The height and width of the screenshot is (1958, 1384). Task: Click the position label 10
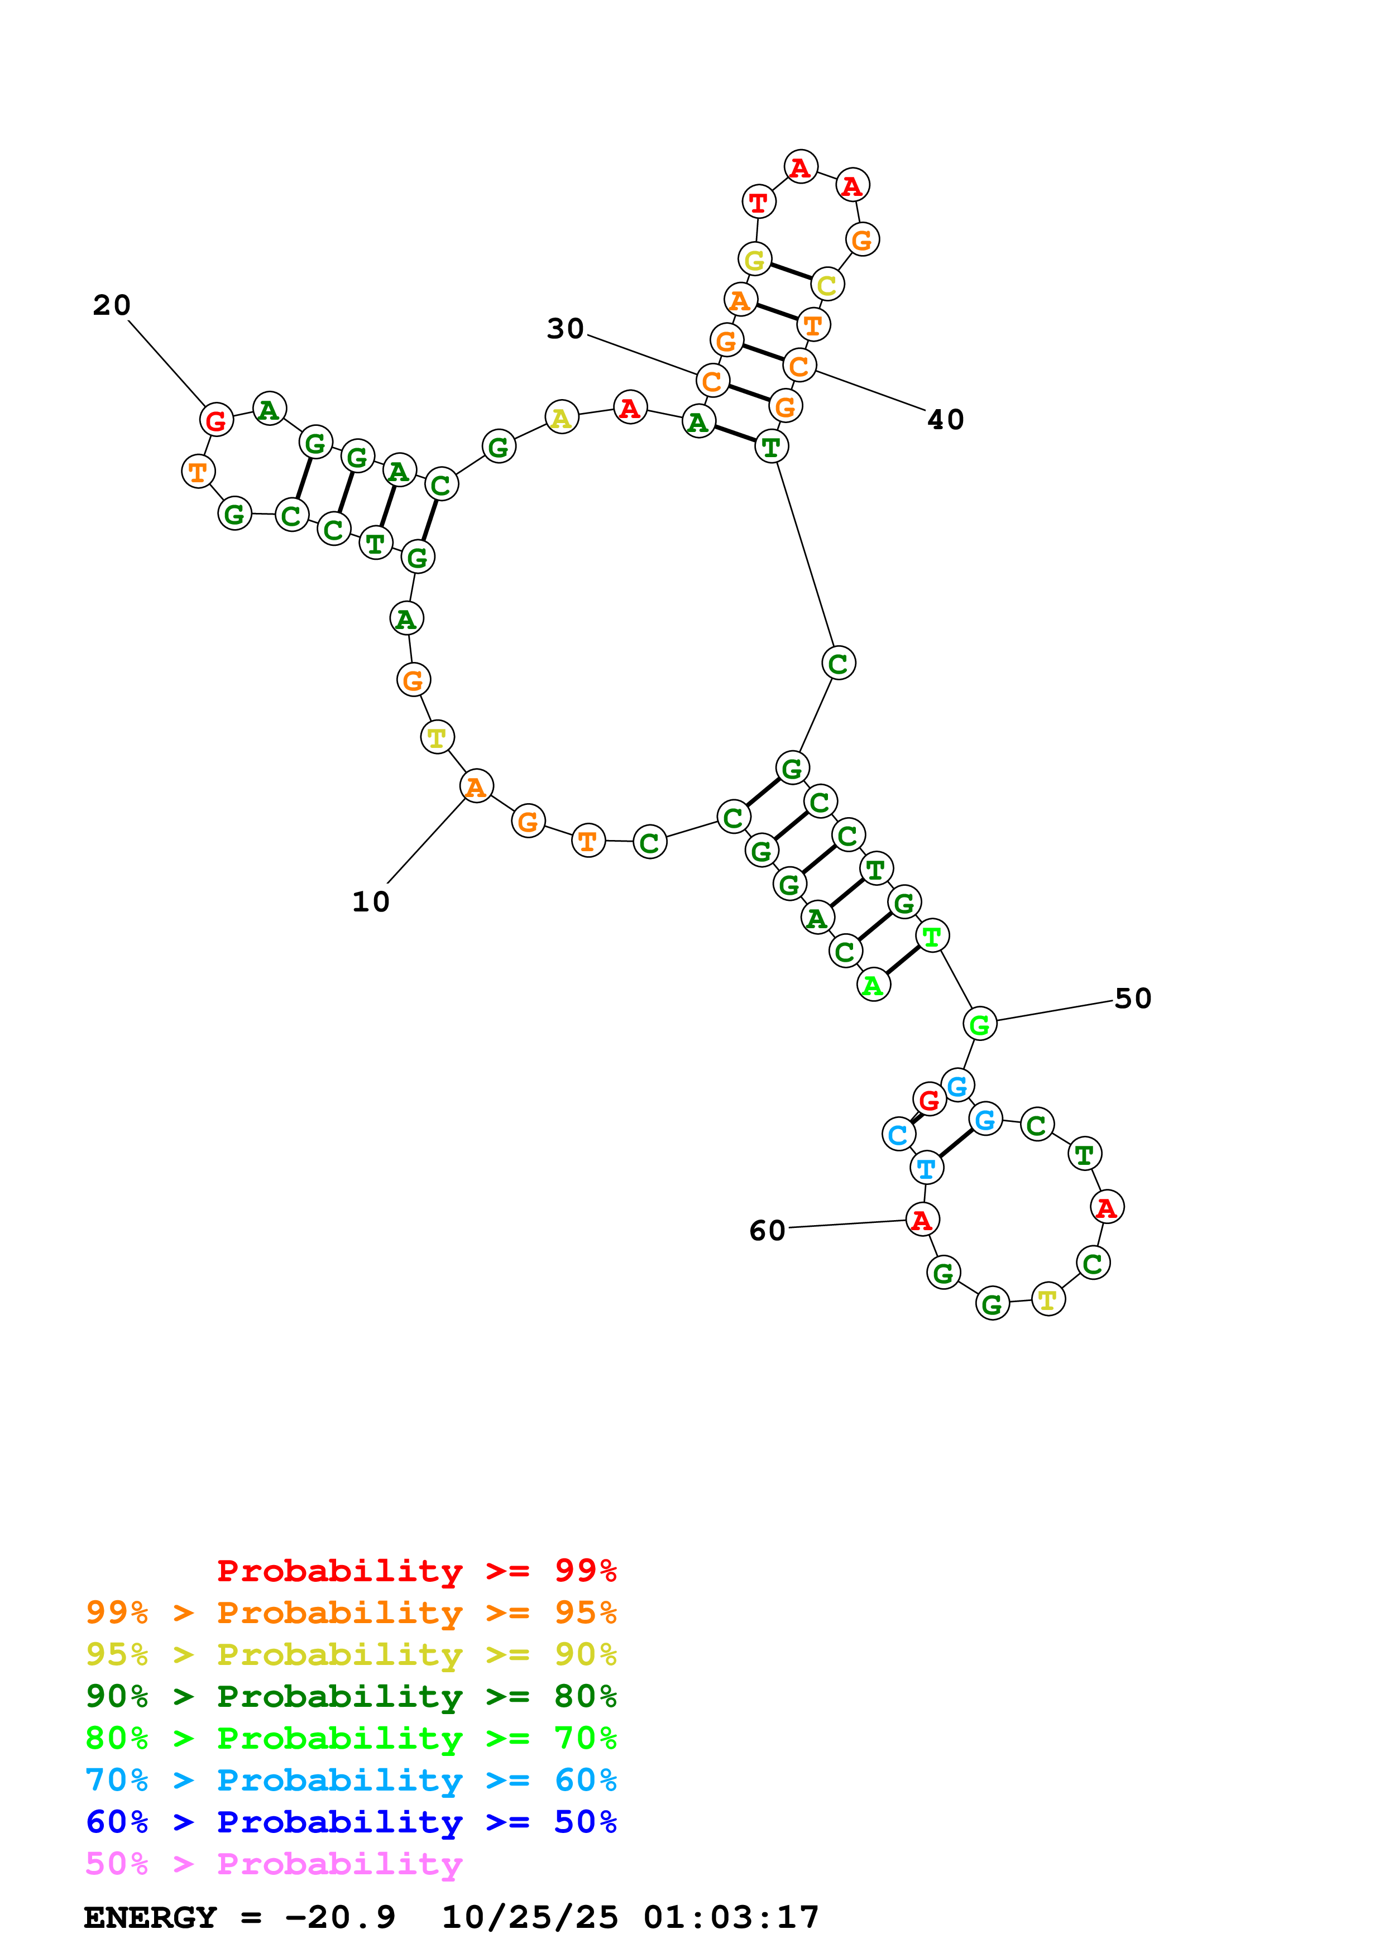371,902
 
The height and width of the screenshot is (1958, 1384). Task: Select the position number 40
946,420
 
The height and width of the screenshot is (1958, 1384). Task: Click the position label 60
767,1231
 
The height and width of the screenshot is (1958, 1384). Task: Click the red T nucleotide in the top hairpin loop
758,203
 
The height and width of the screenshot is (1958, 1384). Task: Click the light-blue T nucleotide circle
926,1168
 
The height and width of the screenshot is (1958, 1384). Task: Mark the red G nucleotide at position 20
217,420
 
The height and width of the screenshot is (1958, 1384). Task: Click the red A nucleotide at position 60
922,1220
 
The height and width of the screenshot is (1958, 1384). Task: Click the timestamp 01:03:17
731,1918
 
